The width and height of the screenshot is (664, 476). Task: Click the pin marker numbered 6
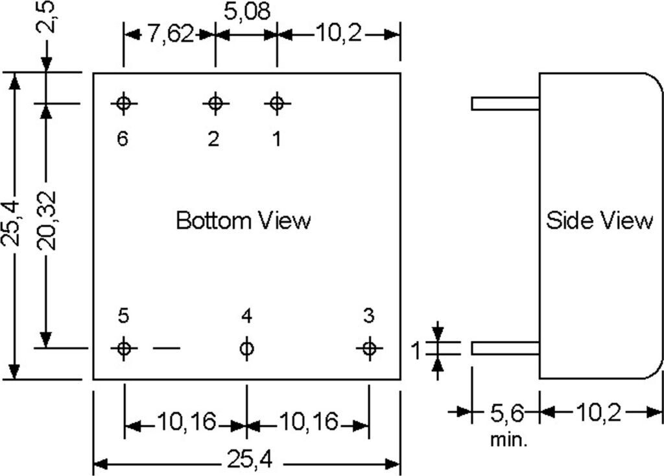click(x=124, y=103)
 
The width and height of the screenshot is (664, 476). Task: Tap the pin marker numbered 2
click(x=215, y=103)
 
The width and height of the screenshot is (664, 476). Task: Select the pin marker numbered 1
click(x=277, y=103)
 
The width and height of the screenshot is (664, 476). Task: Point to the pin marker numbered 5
click(x=124, y=349)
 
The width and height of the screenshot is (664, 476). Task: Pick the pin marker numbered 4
click(x=246, y=349)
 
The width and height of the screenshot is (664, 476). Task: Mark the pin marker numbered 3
click(x=369, y=349)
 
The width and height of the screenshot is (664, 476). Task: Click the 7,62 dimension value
click(x=170, y=34)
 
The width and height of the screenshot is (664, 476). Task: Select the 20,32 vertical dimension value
click(x=47, y=221)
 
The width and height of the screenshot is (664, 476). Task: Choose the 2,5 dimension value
click(x=47, y=18)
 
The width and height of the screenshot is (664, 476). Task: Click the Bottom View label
click(x=243, y=221)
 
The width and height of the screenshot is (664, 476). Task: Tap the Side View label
click(x=599, y=221)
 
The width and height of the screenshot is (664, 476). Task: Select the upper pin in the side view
click(x=505, y=103)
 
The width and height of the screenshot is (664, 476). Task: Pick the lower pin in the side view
click(x=505, y=349)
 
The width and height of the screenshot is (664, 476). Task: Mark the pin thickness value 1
click(x=416, y=351)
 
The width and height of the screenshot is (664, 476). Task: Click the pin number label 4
click(x=246, y=316)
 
